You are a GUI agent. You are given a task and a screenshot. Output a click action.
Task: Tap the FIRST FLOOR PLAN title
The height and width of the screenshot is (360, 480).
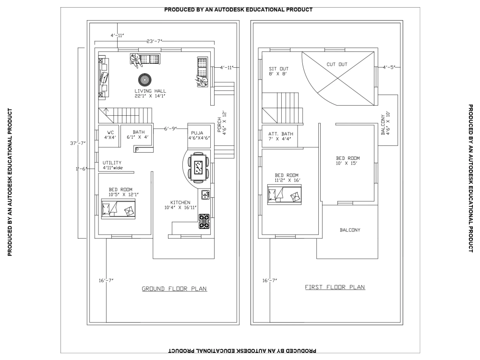pyautogui.click(x=335, y=287)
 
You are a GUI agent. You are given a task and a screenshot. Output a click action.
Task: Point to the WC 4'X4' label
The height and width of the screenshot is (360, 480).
pyautogui.click(x=110, y=134)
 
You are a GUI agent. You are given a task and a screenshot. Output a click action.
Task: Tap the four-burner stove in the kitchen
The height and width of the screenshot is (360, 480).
pyautogui.click(x=204, y=221)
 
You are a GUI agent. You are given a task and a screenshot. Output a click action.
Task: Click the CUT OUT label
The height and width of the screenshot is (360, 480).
pyautogui.click(x=337, y=64)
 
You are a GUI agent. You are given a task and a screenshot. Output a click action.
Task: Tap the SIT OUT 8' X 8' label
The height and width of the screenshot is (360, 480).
pyautogui.click(x=278, y=72)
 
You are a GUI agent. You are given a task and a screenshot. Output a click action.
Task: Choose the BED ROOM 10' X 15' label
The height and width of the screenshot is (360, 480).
pyautogui.click(x=347, y=160)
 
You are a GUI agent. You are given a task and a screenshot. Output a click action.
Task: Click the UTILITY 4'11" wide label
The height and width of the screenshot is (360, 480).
pyautogui.click(x=112, y=165)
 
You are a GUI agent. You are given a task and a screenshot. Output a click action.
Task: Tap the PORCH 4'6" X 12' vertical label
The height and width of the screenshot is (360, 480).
pyautogui.click(x=222, y=125)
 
